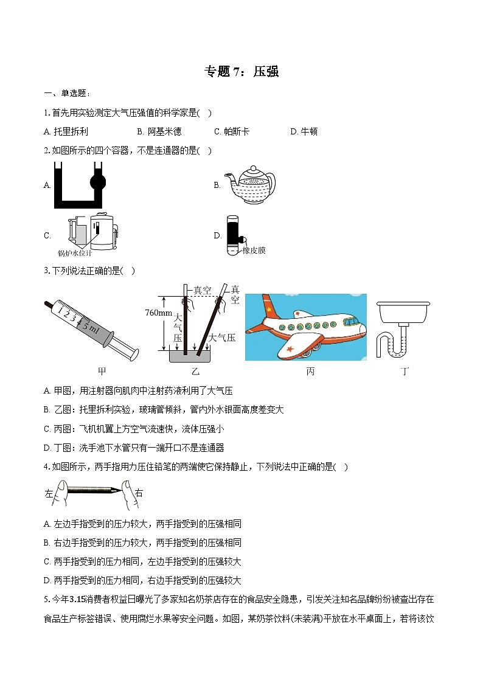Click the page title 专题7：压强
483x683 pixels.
click(x=241, y=72)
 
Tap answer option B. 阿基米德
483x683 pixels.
click(x=159, y=131)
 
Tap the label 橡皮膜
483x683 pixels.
click(x=254, y=251)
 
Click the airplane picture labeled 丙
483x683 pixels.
click(x=305, y=327)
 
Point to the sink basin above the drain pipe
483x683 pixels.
click(x=404, y=314)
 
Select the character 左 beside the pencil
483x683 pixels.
click(x=49, y=494)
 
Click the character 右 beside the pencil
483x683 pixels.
click(x=139, y=494)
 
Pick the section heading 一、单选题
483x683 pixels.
click(x=67, y=93)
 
